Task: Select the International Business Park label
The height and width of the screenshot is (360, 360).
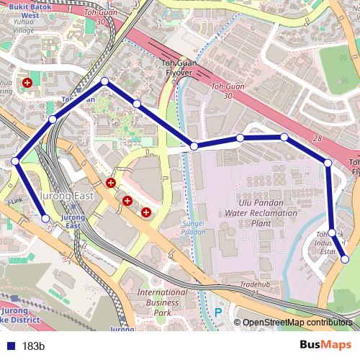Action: pyautogui.click(x=163, y=303)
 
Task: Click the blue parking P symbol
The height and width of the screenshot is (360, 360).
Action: pyautogui.click(x=218, y=313)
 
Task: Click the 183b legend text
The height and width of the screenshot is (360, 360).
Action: pyautogui.click(x=33, y=346)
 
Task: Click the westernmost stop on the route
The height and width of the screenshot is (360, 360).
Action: pyautogui.click(x=15, y=161)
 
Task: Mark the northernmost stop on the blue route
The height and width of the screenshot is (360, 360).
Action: pyautogui.click(x=104, y=82)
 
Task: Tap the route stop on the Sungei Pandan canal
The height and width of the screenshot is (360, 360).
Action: pyautogui.click(x=194, y=146)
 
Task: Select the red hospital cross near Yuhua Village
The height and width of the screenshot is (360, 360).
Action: pyautogui.click(x=27, y=84)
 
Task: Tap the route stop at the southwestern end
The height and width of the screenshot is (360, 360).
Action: pyautogui.click(x=46, y=218)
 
